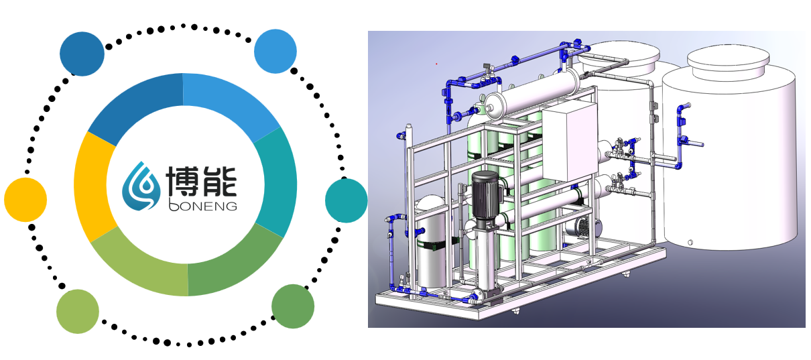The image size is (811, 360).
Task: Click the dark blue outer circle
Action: click(x=82, y=54)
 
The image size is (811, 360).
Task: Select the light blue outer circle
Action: click(x=275, y=51)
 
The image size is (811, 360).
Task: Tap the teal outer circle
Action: click(x=346, y=200)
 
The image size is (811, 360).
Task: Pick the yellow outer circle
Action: click(x=25, y=200)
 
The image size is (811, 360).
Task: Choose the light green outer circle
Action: click(x=78, y=312)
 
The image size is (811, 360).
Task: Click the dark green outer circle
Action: click(x=292, y=306)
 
